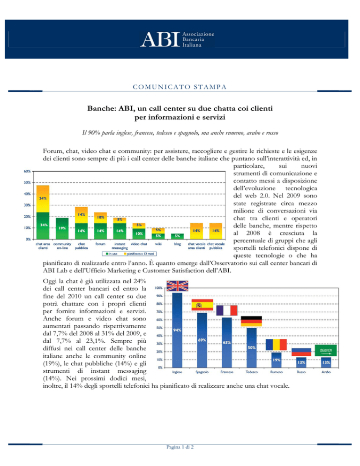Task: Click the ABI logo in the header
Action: [x=177, y=39]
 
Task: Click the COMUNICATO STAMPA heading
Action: [x=180, y=87]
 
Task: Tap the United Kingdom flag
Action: [x=177, y=286]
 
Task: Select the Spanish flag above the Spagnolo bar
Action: [x=202, y=305]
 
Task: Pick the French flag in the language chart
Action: [x=226, y=310]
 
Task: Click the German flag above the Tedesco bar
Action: [x=251, y=321]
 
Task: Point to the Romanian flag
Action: [x=276, y=345]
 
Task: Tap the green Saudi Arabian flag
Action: [x=325, y=350]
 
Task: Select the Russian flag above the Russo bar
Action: [x=301, y=352]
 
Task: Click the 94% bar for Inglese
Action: [x=177, y=330]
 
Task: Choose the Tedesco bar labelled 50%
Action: [x=252, y=347]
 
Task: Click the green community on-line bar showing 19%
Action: [x=62, y=228]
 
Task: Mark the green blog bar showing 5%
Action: [x=177, y=236]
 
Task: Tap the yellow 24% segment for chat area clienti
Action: [x=43, y=198]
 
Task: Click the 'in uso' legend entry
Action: [x=111, y=254]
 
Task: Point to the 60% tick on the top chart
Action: [x=27, y=171]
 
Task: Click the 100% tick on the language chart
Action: [x=159, y=288]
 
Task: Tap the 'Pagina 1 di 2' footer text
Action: [x=180, y=447]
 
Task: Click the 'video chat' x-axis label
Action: [x=139, y=244]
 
